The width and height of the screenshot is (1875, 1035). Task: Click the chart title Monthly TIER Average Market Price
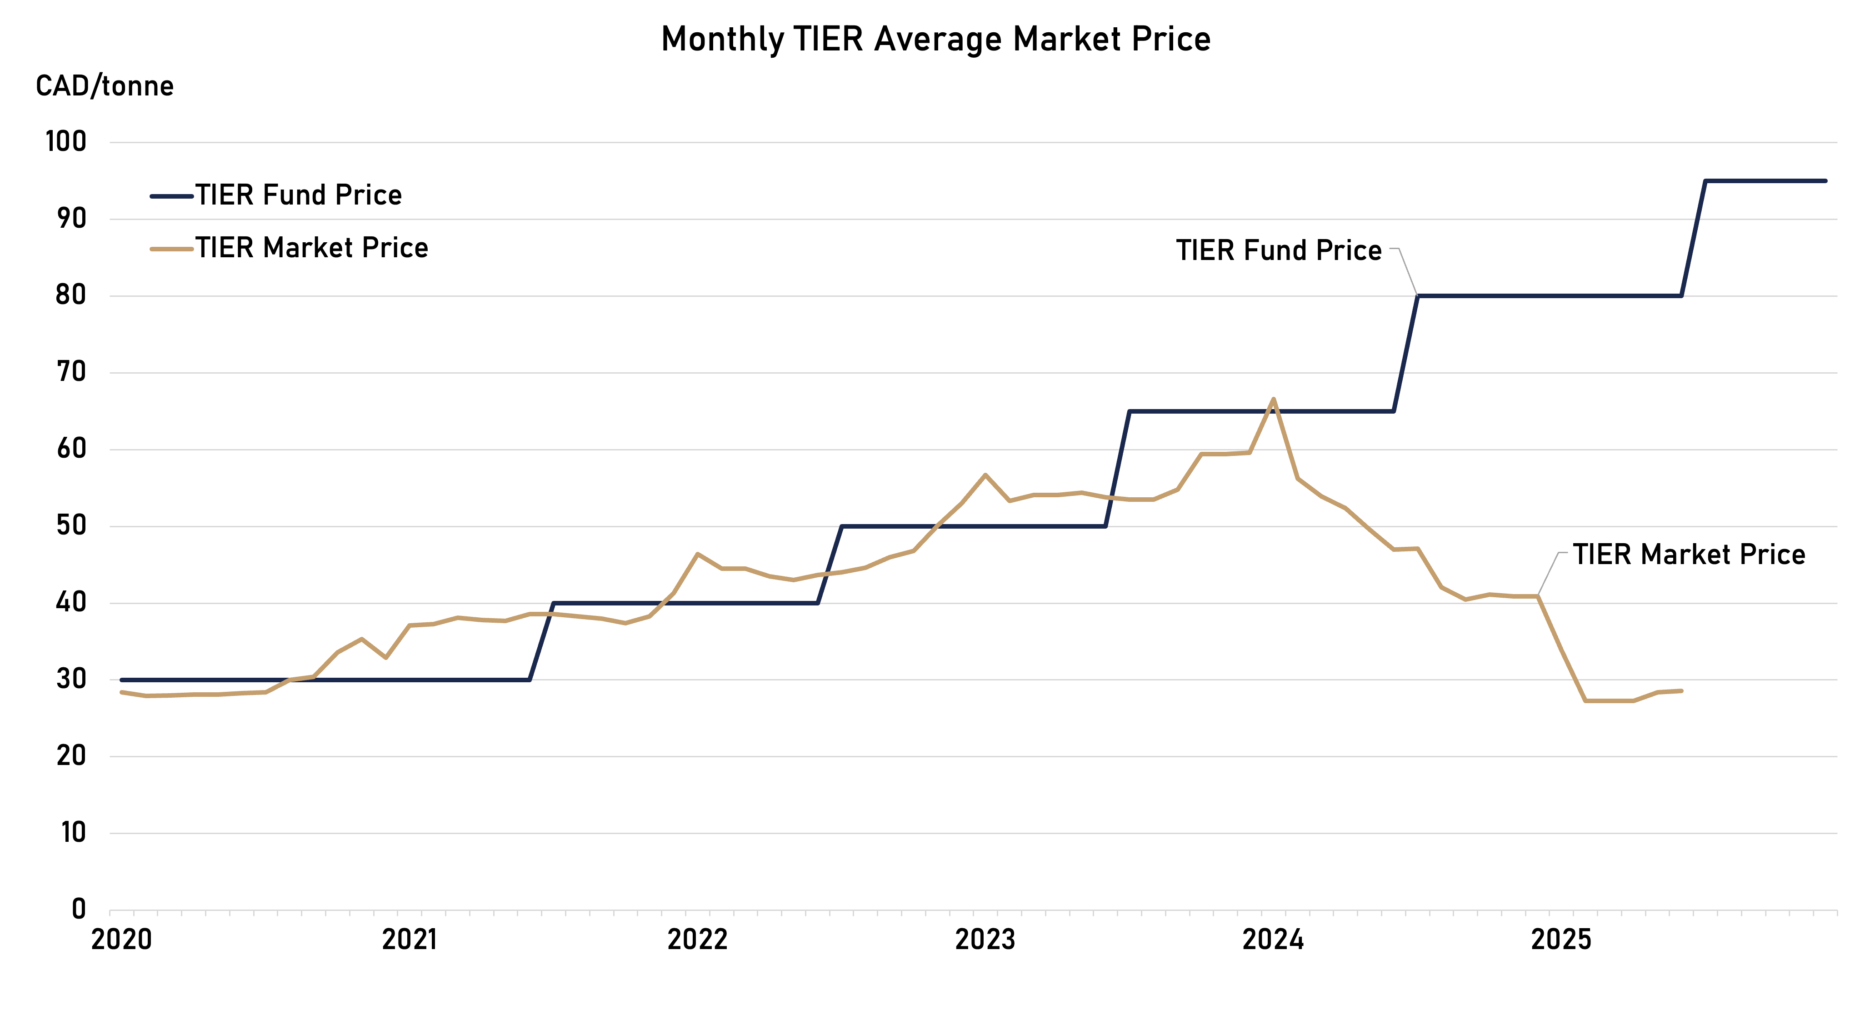(935, 39)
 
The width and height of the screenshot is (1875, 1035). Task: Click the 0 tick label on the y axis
(79, 909)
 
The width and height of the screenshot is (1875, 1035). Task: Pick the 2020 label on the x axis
(121, 940)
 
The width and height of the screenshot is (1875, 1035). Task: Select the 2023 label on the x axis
(985, 940)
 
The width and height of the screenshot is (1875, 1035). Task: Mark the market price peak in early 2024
(1273, 398)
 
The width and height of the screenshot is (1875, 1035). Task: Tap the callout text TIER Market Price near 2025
(1689, 555)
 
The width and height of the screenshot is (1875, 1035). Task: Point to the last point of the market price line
(1681, 691)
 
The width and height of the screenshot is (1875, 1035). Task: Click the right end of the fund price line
(1825, 180)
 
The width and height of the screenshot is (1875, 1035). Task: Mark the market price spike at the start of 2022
(697, 554)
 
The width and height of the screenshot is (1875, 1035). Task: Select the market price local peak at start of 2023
(985, 475)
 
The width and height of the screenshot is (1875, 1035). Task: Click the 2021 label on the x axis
(409, 940)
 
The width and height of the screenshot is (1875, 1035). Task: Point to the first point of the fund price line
(121, 680)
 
